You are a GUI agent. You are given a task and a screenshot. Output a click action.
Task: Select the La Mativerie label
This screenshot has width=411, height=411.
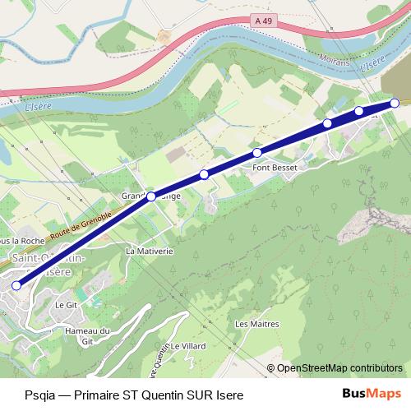tap(150, 250)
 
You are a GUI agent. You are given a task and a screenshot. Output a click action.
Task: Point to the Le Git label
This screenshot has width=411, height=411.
tap(65, 304)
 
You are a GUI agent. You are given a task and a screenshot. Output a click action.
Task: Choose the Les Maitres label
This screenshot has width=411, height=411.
tap(254, 324)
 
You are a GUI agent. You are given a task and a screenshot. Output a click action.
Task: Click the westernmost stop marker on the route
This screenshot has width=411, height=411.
tap(16, 285)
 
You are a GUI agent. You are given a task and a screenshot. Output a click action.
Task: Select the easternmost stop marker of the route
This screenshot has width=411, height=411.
tap(395, 103)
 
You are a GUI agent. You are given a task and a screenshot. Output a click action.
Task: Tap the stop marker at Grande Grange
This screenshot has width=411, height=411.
tap(151, 196)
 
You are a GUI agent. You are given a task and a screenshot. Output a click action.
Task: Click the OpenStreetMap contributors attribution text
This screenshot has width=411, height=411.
tap(339, 367)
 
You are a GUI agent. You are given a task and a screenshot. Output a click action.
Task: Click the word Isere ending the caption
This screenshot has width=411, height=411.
tap(229, 395)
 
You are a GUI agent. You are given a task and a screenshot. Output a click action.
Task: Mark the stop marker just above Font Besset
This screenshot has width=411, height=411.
tap(257, 153)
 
